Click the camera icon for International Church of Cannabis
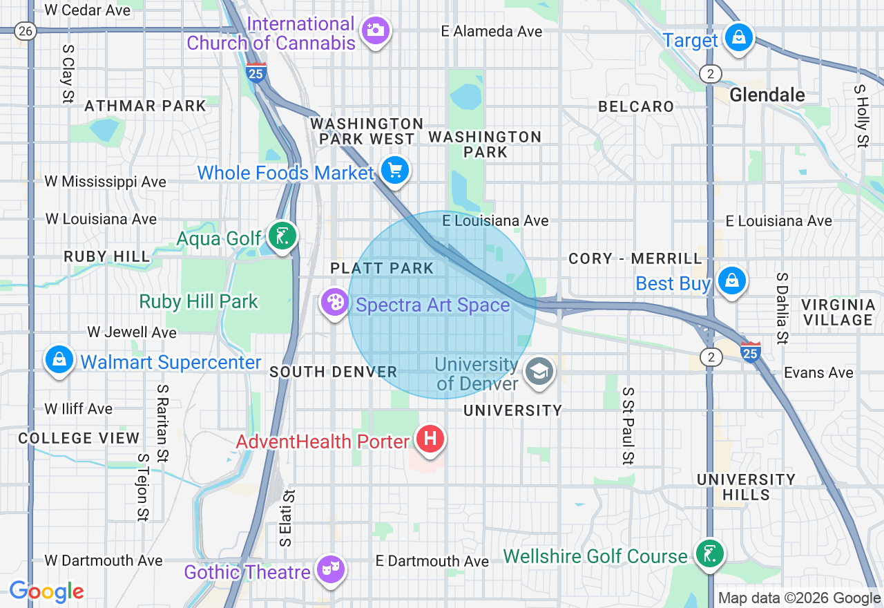376,30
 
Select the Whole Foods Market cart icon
395,170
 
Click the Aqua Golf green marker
282,236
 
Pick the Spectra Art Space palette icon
334,302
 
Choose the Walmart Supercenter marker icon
60,360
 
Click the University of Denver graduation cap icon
539,371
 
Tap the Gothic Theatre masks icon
331,569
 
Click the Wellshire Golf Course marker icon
709,553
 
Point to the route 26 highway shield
26,30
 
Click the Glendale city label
767,95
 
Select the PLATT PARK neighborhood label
382,268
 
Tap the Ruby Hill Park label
199,302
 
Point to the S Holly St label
861,116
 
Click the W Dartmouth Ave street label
104,560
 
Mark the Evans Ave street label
818,372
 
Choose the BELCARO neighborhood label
636,106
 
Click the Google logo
46,591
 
